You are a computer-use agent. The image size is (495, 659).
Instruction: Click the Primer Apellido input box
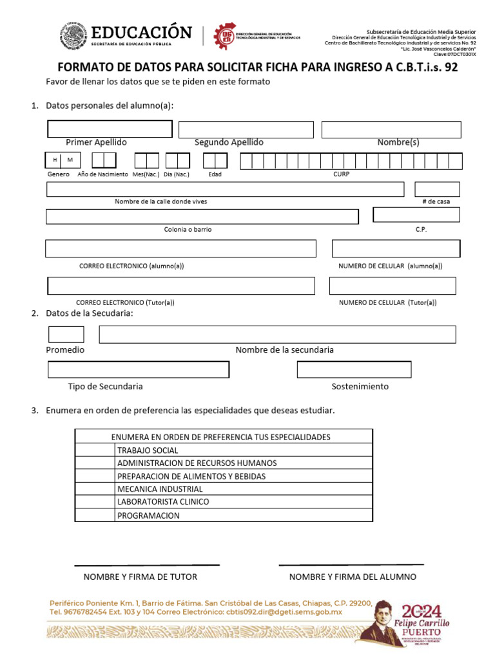point(110,129)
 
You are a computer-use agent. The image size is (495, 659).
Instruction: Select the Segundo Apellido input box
point(246,129)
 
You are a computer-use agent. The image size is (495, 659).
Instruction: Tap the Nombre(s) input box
point(391,129)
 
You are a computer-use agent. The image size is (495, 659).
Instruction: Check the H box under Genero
point(55,160)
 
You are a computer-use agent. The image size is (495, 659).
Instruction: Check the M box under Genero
point(70,160)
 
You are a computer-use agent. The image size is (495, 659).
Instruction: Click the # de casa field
point(437,189)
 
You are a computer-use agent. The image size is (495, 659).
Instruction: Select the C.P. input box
point(416,215)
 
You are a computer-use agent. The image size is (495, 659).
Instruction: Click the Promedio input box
point(66,334)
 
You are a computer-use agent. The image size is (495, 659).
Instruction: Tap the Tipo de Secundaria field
point(139,369)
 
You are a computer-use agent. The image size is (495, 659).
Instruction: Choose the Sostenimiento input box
point(354,369)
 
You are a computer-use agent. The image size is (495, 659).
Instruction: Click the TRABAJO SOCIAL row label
point(148,450)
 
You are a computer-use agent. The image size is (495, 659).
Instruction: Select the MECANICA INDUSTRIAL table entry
point(160,489)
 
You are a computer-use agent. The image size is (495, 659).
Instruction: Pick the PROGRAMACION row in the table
point(148,515)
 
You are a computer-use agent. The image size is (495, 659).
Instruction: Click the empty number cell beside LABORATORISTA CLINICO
point(95,502)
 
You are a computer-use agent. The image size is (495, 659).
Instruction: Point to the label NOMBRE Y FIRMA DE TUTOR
point(141,577)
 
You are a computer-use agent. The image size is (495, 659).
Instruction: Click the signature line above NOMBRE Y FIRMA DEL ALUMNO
point(351,565)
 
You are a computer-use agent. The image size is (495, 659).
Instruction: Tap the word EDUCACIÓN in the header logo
point(142,33)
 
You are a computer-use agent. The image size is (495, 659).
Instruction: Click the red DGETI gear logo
point(225,35)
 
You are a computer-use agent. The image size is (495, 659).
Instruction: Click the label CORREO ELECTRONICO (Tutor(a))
point(125,302)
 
